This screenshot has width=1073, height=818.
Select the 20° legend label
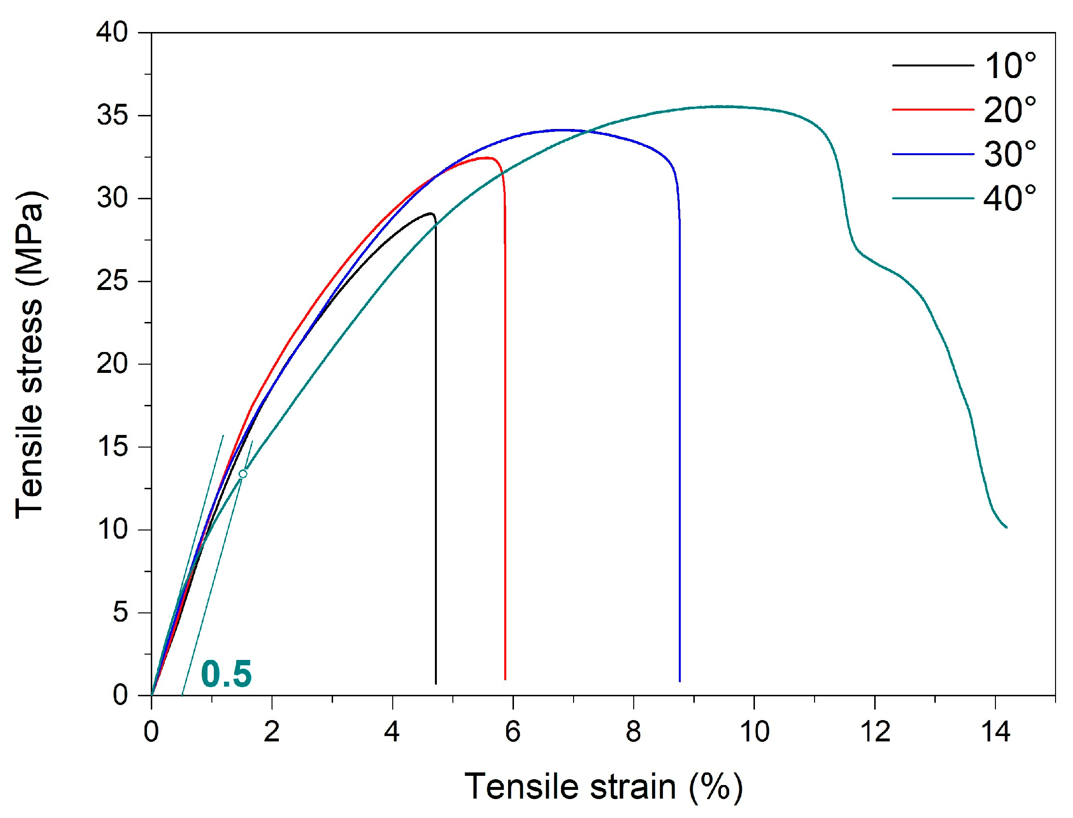(x=1010, y=110)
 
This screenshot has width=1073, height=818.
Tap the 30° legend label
(x=1010, y=154)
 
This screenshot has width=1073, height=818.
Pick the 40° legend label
(x=1010, y=199)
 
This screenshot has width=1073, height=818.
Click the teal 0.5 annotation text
(x=226, y=674)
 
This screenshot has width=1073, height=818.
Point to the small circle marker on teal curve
(x=243, y=474)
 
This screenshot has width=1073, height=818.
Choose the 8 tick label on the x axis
(x=633, y=732)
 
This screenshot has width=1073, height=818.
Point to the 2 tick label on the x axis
(x=272, y=732)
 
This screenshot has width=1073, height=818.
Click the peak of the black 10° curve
(x=431, y=213)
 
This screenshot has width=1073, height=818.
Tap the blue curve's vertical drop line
(x=680, y=438)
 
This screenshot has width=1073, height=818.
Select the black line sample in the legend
(x=933, y=66)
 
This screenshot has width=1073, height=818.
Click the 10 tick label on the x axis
(x=753, y=732)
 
